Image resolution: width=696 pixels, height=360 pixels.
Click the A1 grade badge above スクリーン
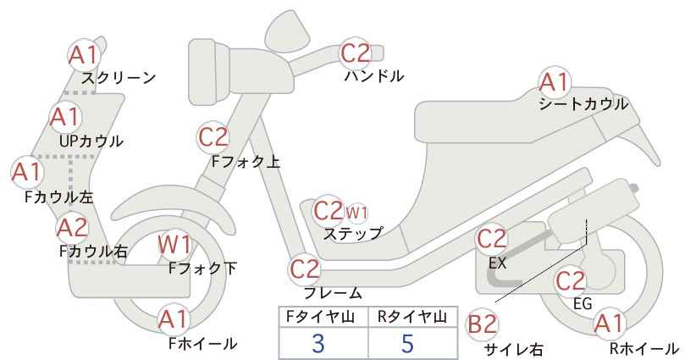point(83,56)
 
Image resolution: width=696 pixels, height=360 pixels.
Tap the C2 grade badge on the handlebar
point(355,53)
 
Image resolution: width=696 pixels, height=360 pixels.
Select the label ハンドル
point(374,76)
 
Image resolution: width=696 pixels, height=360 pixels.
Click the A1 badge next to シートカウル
point(554,82)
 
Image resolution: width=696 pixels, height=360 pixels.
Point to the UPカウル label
point(91,141)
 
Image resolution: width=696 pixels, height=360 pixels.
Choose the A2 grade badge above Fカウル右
point(72,228)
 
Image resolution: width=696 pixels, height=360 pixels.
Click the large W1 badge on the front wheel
point(175,245)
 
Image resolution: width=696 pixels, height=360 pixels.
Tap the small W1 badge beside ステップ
point(356,213)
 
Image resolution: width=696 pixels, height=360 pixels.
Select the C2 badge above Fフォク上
point(213,137)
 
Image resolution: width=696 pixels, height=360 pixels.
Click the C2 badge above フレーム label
point(305,269)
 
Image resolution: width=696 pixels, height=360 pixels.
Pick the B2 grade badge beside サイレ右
point(482,324)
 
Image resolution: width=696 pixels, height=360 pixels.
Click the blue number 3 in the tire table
point(318,343)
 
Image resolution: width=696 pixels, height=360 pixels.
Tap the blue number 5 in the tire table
point(407,343)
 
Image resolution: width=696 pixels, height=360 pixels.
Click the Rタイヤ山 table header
point(412,317)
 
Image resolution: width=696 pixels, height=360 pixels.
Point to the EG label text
point(583,303)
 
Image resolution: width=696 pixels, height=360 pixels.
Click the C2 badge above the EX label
point(491,239)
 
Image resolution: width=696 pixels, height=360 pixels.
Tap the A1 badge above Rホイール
point(609,324)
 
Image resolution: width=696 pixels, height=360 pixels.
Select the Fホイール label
point(203,343)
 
